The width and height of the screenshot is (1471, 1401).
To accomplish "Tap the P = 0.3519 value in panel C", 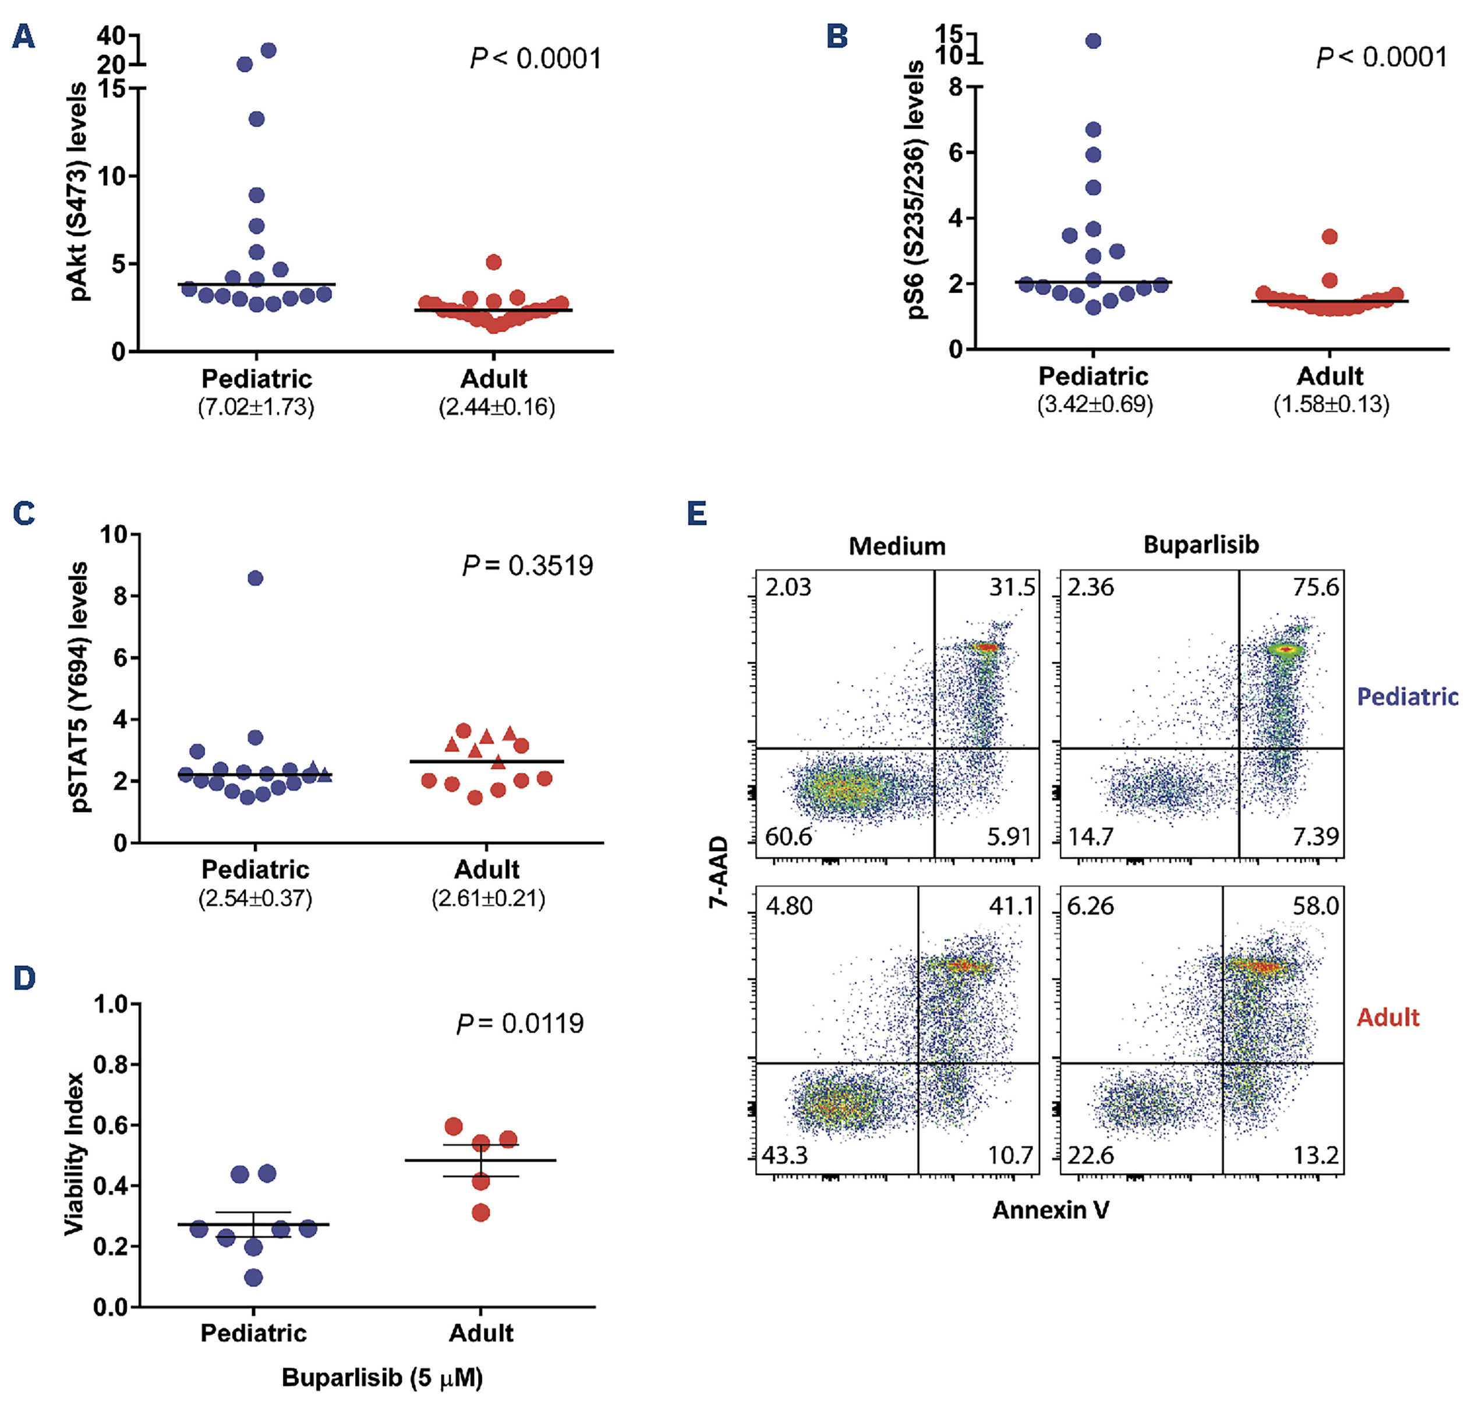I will pos(527,565).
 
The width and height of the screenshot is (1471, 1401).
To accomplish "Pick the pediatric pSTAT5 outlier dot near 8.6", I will pos(256,578).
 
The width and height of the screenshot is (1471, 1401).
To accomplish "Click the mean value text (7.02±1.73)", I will pos(256,407).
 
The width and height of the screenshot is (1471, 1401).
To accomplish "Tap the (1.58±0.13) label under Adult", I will pos(1331,405).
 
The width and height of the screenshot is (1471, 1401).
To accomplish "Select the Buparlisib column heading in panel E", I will pos(1201,545).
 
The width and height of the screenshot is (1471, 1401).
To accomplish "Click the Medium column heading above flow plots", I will pos(897,546).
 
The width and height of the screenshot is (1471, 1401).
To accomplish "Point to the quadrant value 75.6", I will pos(1316,588).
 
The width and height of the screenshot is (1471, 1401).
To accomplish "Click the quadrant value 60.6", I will pos(788,837).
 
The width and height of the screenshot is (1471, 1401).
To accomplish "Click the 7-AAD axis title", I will pos(719,871).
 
